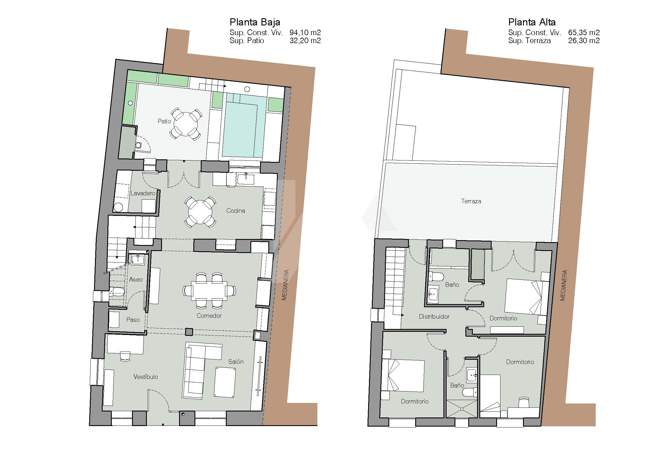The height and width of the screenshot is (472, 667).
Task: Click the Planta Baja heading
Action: pos(255,22)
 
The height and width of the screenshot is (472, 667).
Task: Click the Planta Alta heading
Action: pos(532,22)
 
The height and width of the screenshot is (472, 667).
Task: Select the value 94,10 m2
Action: pos(305,33)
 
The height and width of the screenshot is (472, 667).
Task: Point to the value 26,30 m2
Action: pos(584,41)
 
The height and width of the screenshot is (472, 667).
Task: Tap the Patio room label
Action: pos(164,121)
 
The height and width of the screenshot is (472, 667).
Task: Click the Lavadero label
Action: pos(143,193)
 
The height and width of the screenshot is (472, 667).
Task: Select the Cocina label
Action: pos(236,210)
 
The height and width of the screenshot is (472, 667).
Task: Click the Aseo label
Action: pos(136,280)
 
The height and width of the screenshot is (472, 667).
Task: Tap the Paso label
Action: pos(133,320)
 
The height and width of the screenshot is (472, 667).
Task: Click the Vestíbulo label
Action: pos(145,377)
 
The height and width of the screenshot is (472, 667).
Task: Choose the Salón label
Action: pos(236,361)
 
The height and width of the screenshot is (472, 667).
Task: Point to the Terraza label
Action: pos(471,201)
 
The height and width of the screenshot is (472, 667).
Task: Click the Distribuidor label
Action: pos(434,316)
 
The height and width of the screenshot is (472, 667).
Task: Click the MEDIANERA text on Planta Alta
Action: pos(563,285)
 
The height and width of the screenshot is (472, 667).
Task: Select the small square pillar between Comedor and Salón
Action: pos(189,332)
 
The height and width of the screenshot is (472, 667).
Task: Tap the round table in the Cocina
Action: pos(200,212)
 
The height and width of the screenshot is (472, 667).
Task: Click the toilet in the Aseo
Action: pos(117,292)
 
